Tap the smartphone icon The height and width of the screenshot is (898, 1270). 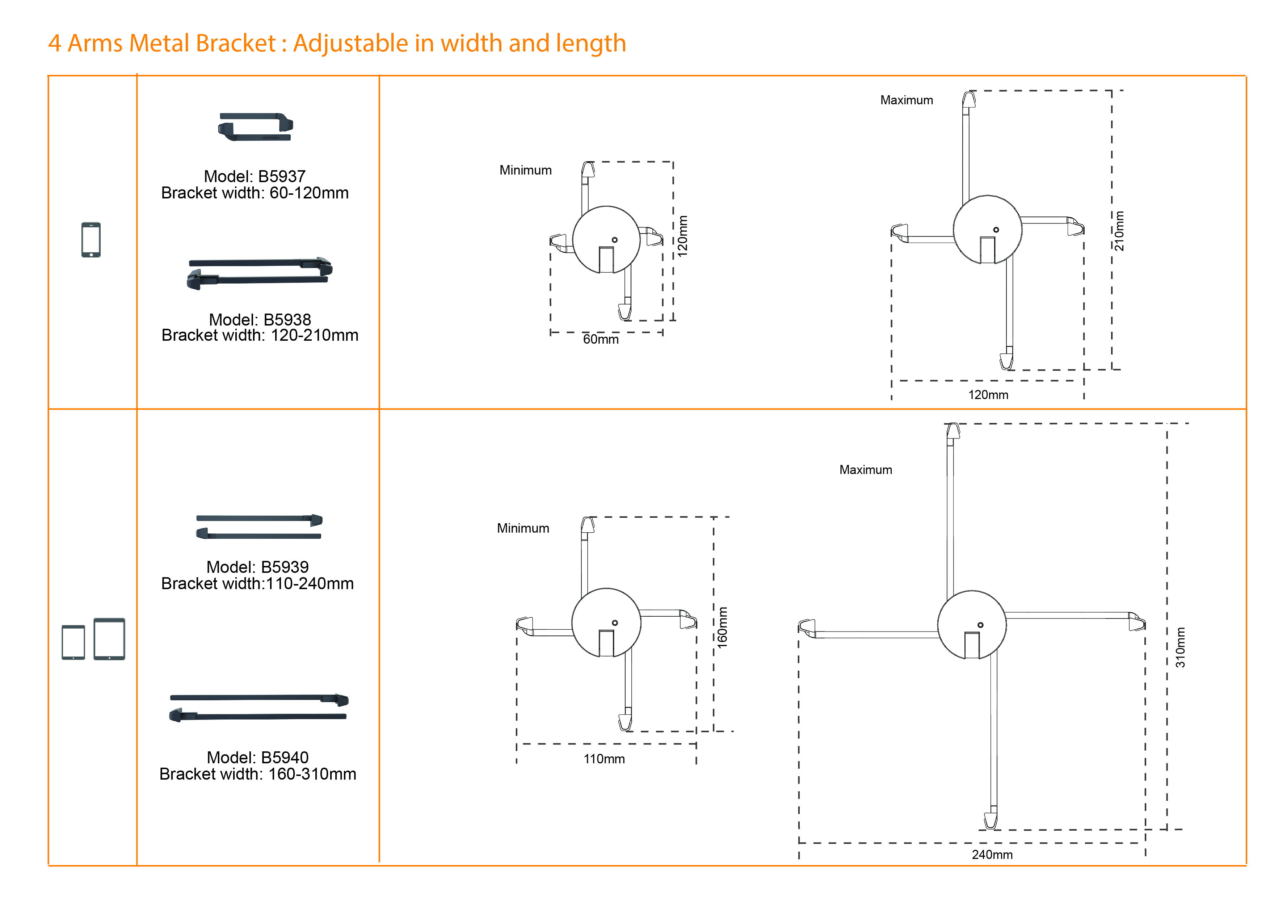pyautogui.click(x=91, y=240)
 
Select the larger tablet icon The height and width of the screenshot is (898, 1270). pyautogui.click(x=110, y=639)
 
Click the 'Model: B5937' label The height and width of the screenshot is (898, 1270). pyautogui.click(x=255, y=176)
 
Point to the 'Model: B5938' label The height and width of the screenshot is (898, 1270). pyautogui.click(x=260, y=319)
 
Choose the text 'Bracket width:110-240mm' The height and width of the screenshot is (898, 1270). pyautogui.click(x=257, y=583)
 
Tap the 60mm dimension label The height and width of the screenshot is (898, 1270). pyautogui.click(x=601, y=339)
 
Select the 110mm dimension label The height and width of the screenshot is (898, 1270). pyautogui.click(x=604, y=759)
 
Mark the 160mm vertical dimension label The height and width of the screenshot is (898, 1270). pyautogui.click(x=722, y=628)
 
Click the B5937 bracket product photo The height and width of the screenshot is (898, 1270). pyautogui.click(x=255, y=127)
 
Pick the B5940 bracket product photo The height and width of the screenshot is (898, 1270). pyautogui.click(x=259, y=708)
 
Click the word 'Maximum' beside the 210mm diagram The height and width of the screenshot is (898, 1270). pyautogui.click(x=906, y=100)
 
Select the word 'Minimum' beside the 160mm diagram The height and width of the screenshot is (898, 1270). pyautogui.click(x=523, y=528)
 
